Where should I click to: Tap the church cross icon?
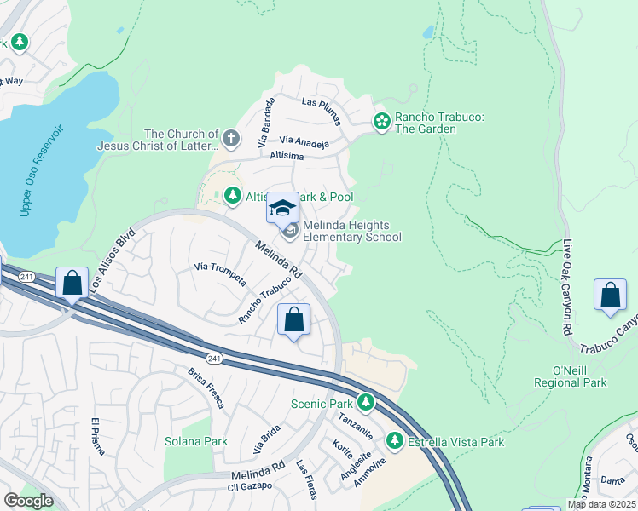click(x=230, y=137)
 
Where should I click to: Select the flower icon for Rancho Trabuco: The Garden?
click(x=381, y=123)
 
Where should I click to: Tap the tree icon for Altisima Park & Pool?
click(x=232, y=197)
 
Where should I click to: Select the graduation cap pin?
click(x=283, y=208)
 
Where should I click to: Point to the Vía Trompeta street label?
click(x=221, y=274)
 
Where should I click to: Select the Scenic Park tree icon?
click(x=366, y=401)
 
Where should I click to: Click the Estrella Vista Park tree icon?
click(x=394, y=440)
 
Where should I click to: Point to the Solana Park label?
click(x=196, y=441)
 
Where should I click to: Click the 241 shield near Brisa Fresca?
click(x=214, y=359)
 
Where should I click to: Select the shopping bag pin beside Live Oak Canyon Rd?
click(x=611, y=296)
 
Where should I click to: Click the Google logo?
click(x=28, y=502)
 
